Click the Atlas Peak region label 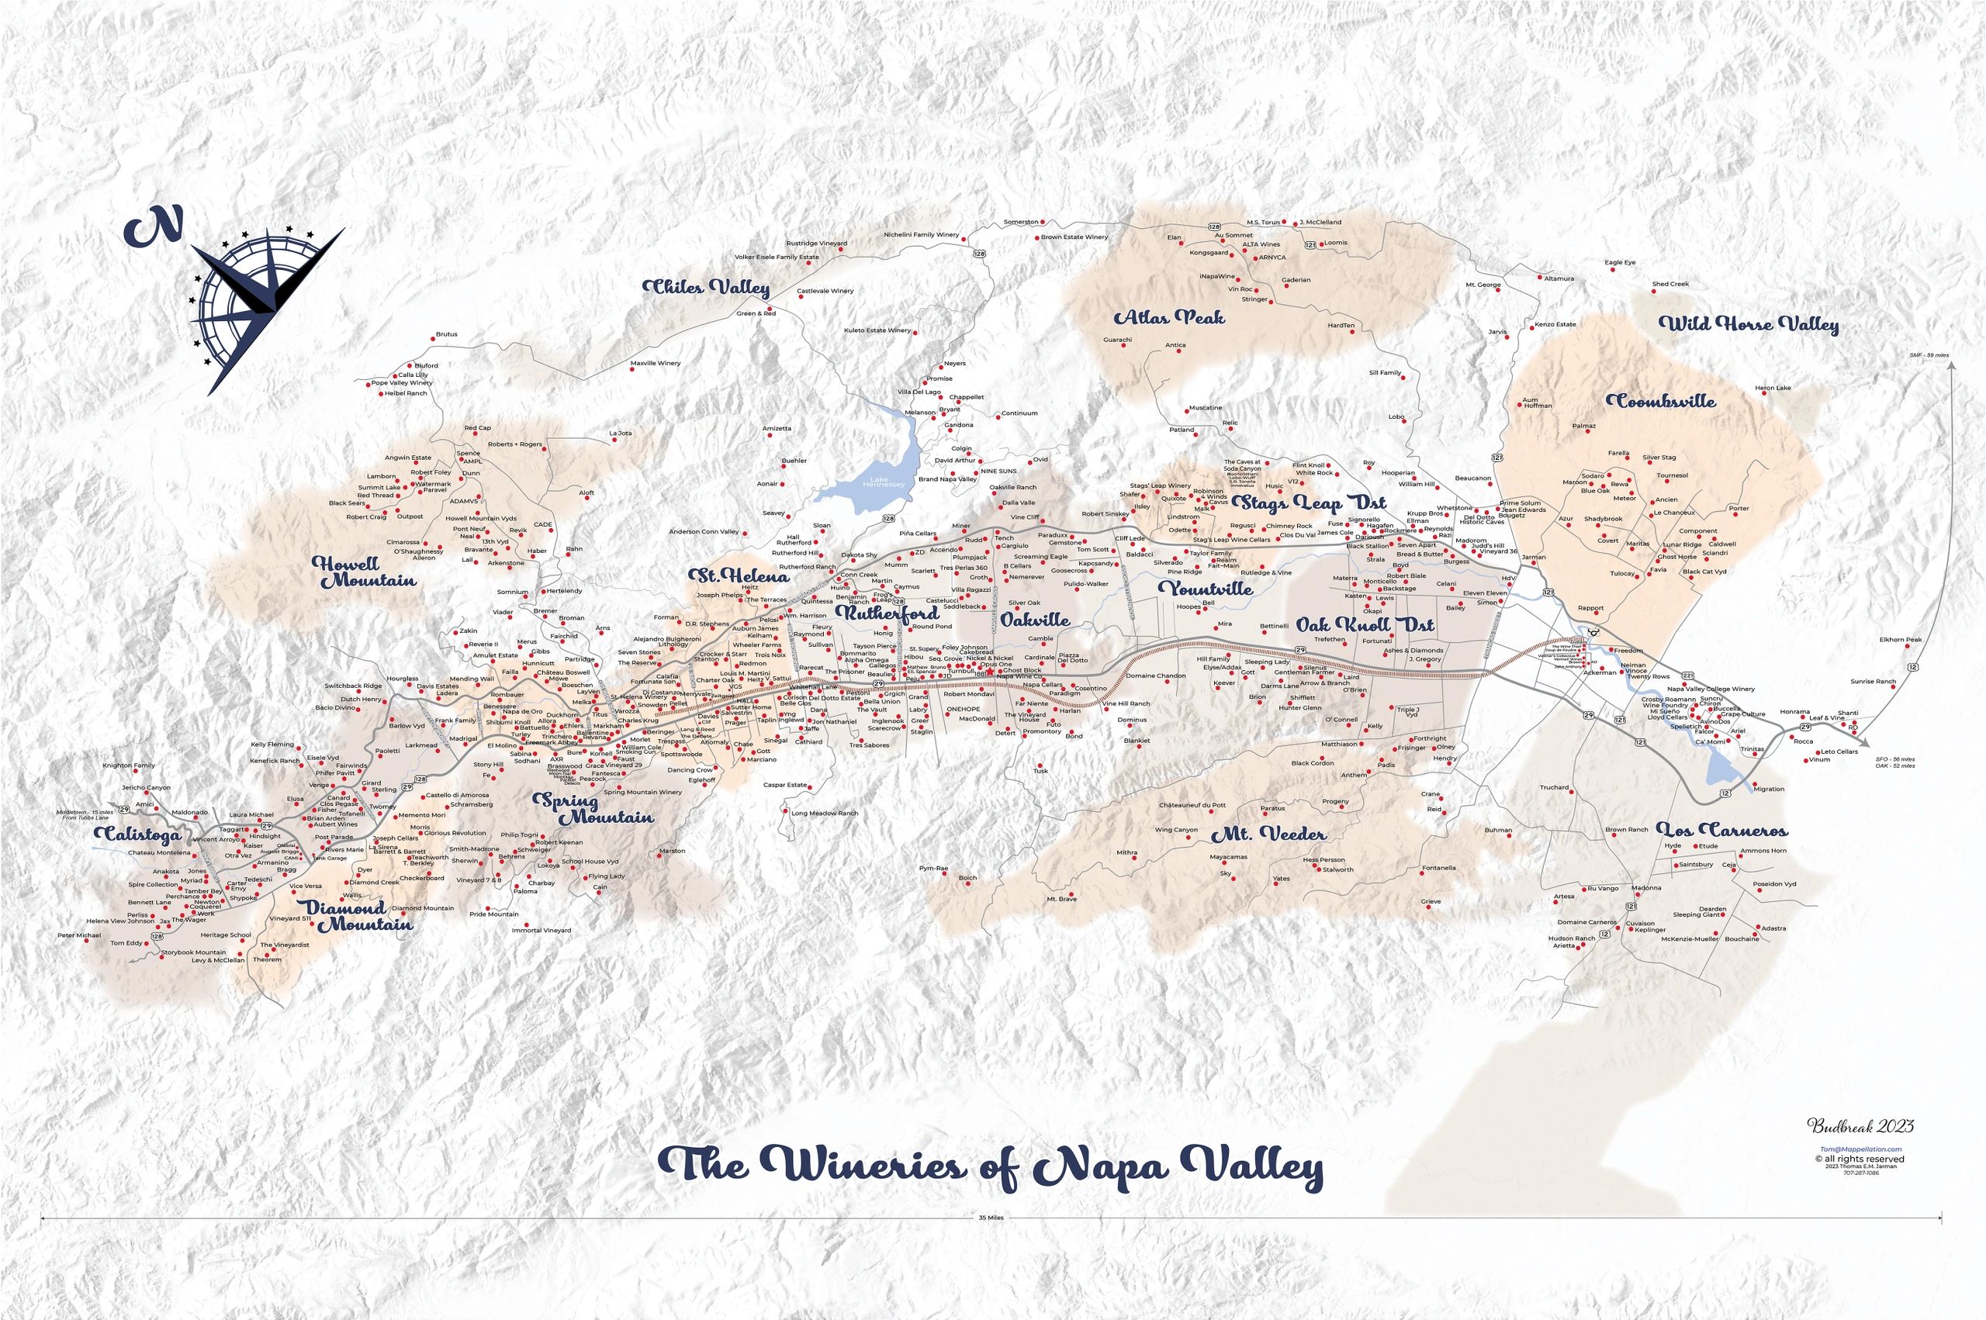1169,318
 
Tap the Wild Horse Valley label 1749,325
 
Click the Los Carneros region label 1721,830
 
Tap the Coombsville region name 1660,402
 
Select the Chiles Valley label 706,288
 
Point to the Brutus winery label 446,334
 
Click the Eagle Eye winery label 1620,263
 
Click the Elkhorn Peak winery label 1900,640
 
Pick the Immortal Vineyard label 542,930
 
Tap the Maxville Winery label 655,364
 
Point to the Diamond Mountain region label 359,916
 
